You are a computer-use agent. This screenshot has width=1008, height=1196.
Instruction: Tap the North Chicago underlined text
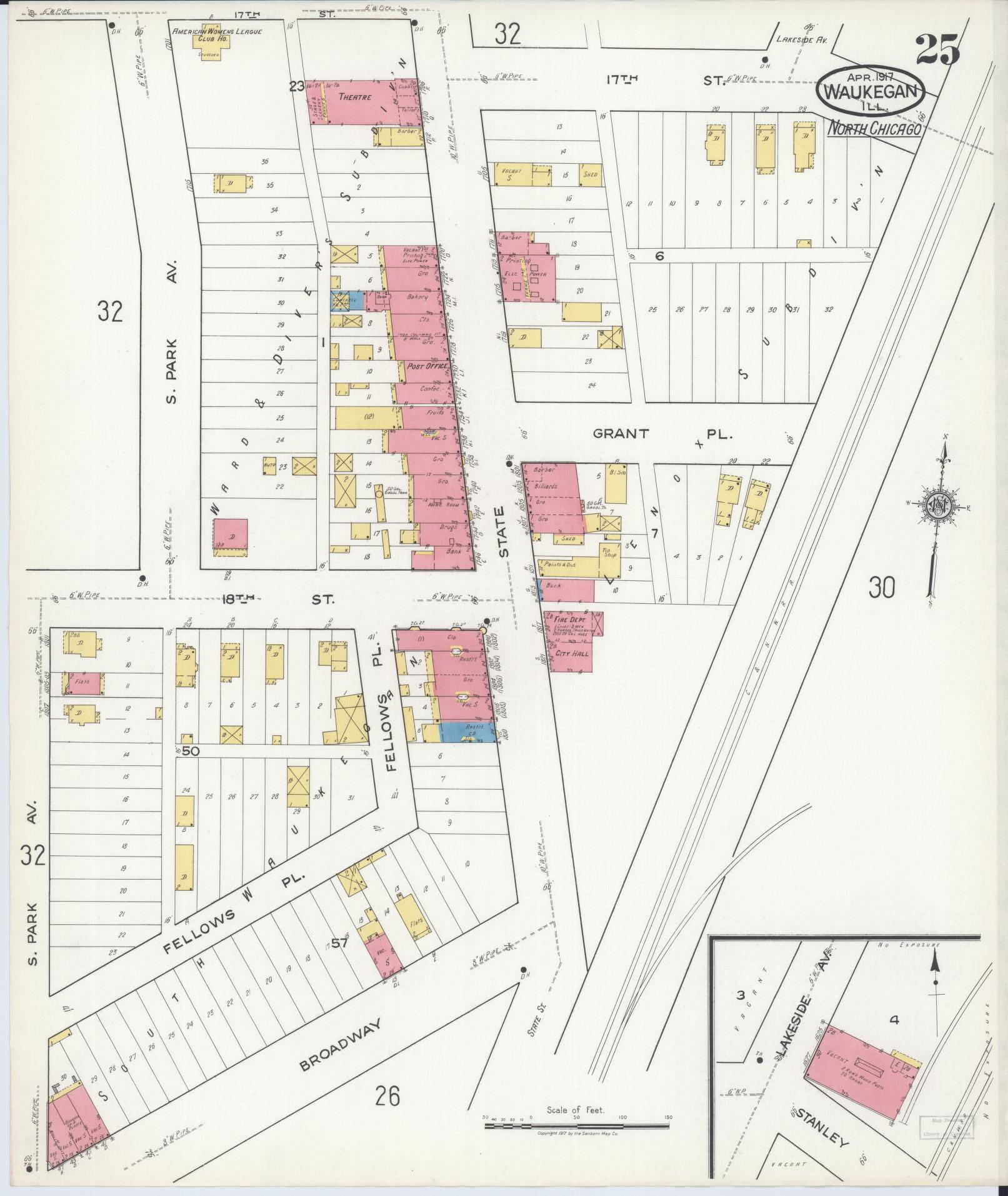[x=875, y=129]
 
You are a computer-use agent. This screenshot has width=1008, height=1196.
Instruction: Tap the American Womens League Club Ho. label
[x=217, y=34]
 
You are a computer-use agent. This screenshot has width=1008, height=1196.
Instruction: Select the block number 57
[x=339, y=961]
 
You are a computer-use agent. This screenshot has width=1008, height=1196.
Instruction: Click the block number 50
[x=190, y=752]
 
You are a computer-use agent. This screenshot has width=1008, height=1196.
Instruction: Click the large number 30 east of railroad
[x=881, y=588]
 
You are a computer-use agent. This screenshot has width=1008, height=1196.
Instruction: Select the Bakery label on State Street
[x=417, y=296]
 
